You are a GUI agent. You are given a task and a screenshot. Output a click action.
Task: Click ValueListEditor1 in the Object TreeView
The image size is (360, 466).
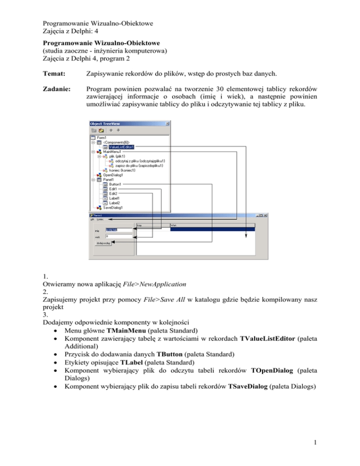pos(121,147)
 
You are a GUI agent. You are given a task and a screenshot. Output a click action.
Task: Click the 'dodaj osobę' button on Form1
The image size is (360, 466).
pos(103,243)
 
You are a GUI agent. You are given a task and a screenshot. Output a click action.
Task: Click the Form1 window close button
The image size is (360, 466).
pos(266,215)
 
